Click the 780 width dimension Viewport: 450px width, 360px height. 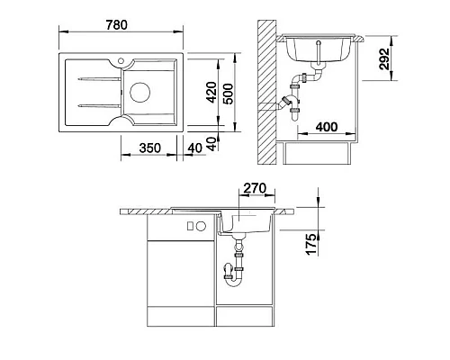117,25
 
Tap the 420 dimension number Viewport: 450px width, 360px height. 212,92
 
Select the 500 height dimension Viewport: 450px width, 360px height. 229,94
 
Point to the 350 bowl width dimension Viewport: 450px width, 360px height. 150,148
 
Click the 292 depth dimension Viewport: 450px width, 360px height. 384,58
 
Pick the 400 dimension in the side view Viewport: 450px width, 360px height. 327,127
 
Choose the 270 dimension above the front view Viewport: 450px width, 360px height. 255,188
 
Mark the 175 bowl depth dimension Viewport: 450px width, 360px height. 311,244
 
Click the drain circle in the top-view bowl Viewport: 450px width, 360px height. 139,92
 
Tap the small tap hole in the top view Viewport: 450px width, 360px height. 121,61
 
